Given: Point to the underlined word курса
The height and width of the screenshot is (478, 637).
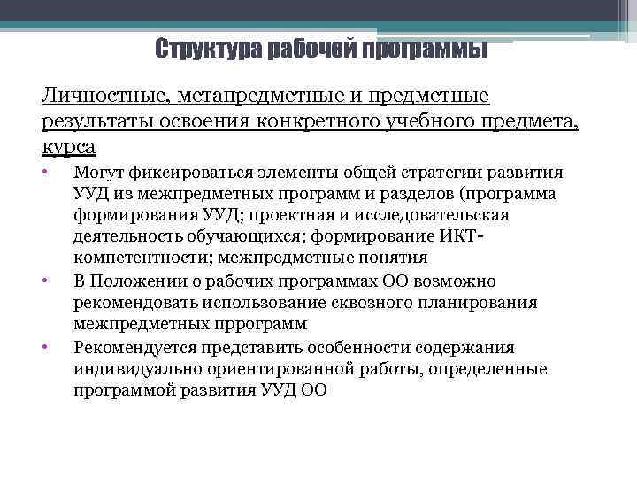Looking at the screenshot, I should point(68,144).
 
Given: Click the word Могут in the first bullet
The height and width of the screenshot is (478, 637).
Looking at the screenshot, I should point(100,173).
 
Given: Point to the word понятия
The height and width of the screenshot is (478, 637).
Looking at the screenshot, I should point(393,258).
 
